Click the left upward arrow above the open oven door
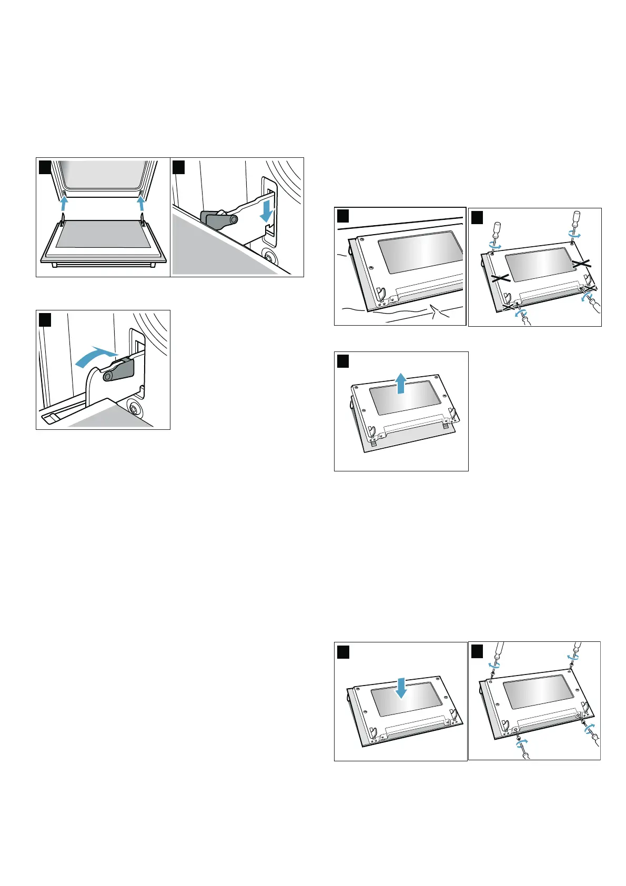pyautogui.click(x=64, y=203)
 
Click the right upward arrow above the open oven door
pyautogui.click(x=141, y=203)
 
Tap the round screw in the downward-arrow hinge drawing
pyautogui.click(x=270, y=258)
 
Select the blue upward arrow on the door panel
pyautogui.click(x=401, y=382)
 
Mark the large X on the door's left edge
pyautogui.click(x=501, y=277)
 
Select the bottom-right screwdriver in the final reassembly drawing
pyautogui.click(x=595, y=742)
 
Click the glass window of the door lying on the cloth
pyautogui.click(x=420, y=252)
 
